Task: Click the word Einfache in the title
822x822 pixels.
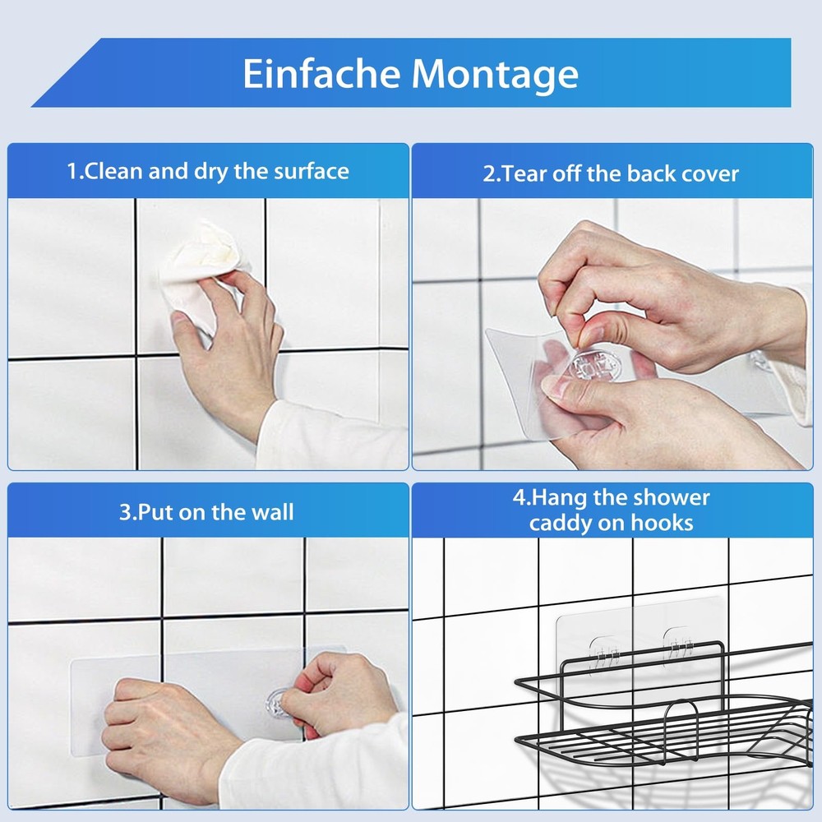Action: [x=321, y=73]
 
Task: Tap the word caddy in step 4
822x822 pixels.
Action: [x=556, y=524]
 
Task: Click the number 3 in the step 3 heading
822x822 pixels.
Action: [x=125, y=512]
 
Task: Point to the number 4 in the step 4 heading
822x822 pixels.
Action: [x=519, y=497]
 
